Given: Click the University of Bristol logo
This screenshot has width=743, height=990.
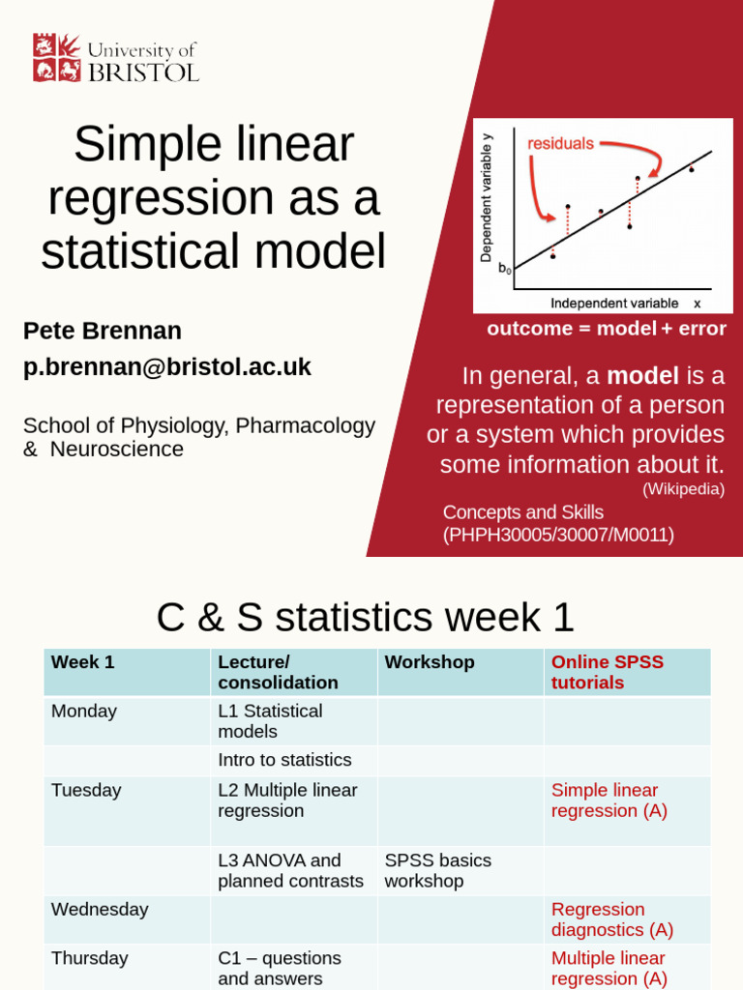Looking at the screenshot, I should [x=115, y=58].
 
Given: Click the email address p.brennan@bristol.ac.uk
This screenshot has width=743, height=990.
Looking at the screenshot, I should [x=167, y=367].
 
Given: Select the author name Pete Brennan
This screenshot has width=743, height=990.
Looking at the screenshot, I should [x=103, y=331].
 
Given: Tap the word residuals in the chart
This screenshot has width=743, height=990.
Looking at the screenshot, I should [x=560, y=144].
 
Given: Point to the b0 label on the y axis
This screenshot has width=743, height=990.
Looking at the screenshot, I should [x=505, y=270].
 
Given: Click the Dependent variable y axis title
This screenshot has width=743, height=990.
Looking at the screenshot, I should [x=487, y=198].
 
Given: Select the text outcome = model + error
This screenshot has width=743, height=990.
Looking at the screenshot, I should [x=606, y=329].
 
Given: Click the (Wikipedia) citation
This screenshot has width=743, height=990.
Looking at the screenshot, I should [x=683, y=489].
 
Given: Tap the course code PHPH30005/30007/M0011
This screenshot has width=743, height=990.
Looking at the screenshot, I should [x=558, y=535].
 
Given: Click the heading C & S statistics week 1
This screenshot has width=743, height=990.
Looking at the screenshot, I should [x=366, y=617].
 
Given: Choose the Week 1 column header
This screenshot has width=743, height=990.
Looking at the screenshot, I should [x=83, y=662].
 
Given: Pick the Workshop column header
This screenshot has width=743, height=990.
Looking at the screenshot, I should [x=430, y=662].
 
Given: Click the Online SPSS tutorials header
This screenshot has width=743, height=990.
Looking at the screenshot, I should [x=608, y=672].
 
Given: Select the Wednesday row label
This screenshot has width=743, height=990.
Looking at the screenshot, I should [x=100, y=910].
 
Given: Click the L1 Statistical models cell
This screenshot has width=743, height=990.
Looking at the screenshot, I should [x=270, y=721].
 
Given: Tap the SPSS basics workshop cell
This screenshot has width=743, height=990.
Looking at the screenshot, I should [x=437, y=870].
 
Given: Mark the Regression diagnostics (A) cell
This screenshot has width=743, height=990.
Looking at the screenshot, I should [x=611, y=919].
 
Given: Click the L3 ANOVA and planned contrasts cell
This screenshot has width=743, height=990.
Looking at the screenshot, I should [x=290, y=870].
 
